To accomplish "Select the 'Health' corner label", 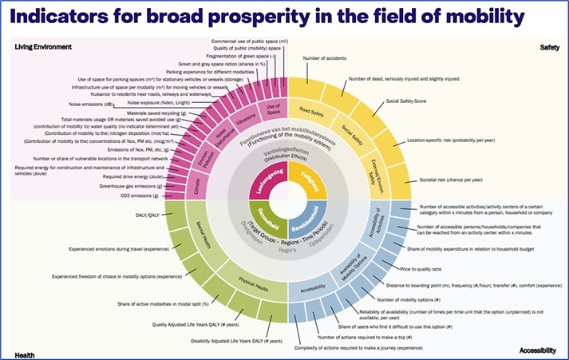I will pyautogui.click(x=28, y=352).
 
